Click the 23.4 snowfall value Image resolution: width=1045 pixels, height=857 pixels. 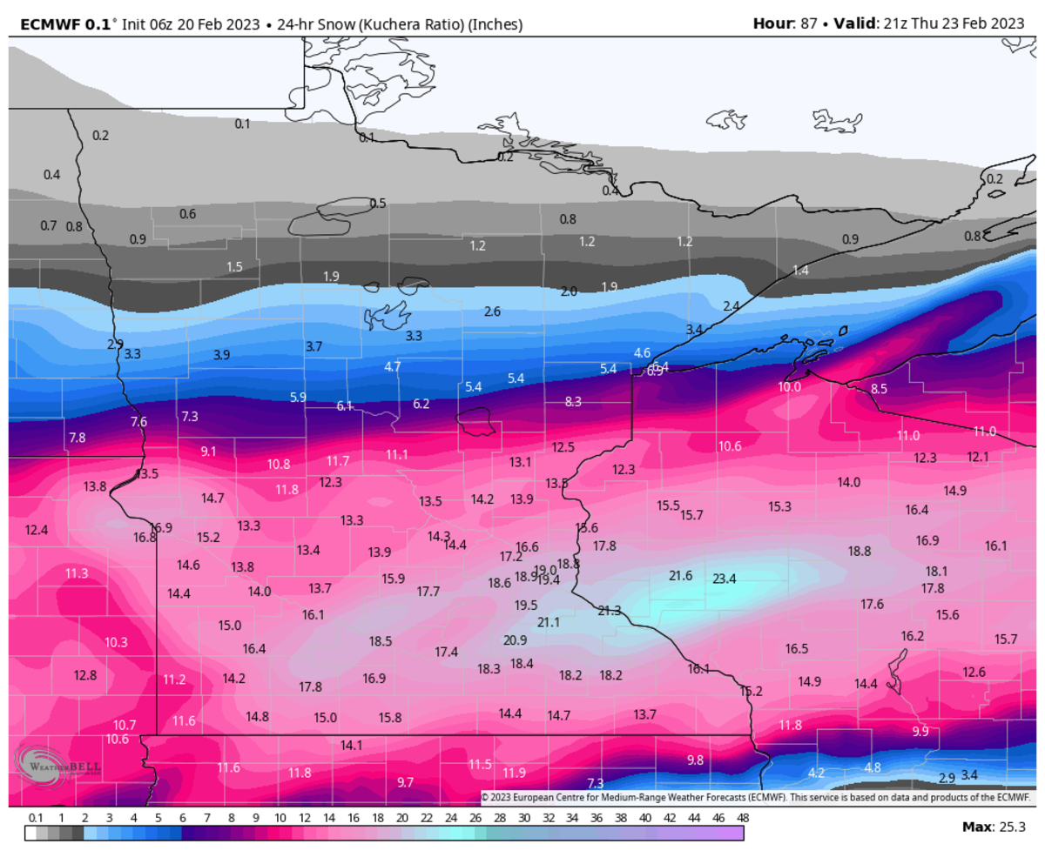725,579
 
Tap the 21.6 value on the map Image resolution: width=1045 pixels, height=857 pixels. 680,576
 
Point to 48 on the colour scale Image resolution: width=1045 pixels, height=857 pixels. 742,819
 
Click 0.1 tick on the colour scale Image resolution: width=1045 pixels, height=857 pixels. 37,819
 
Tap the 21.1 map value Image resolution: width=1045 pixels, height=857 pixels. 549,622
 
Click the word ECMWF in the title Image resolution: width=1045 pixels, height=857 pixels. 42,24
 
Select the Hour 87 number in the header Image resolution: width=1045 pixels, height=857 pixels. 808,24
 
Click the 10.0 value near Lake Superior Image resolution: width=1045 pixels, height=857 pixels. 790,387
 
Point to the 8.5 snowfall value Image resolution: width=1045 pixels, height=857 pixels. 879,389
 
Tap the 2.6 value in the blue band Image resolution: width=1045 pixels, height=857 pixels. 492,311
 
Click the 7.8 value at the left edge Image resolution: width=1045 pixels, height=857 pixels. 78,438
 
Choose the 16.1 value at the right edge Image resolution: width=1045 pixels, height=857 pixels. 995,546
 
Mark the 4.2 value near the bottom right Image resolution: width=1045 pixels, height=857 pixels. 816,773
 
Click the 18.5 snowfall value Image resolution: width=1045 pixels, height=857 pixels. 381,641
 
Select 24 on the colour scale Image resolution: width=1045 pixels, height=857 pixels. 450,819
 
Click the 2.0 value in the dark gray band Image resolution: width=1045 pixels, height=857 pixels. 569,291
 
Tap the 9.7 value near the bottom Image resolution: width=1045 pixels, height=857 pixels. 405,782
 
